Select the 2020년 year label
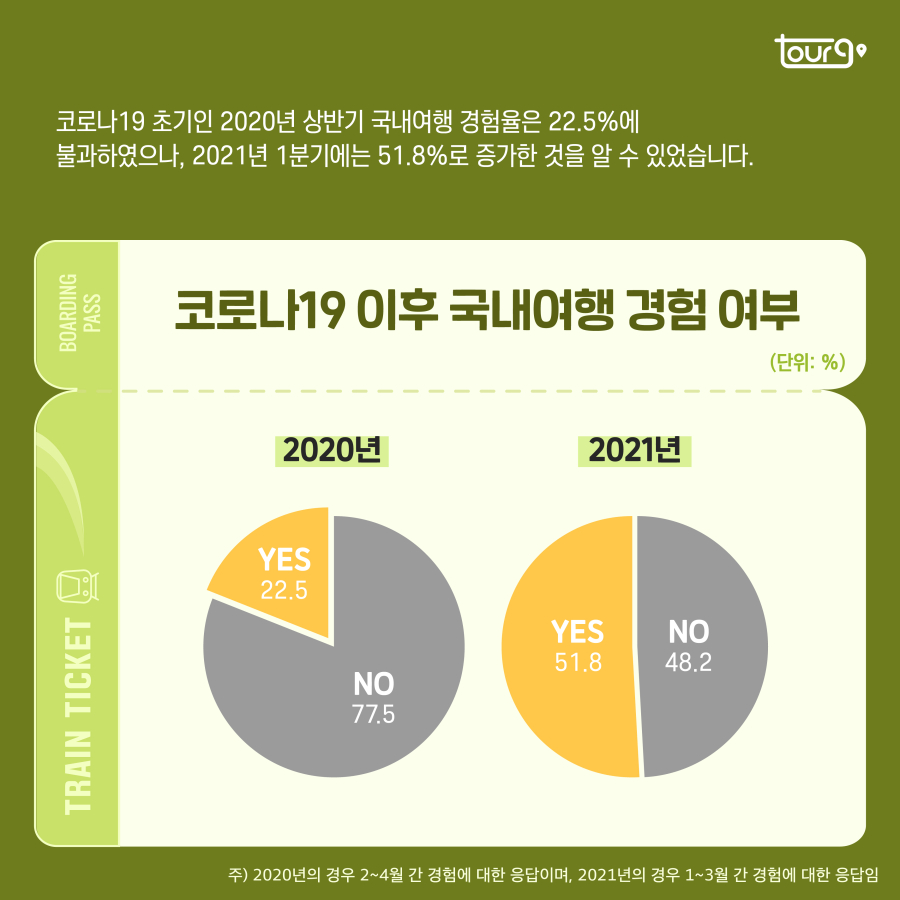[332, 451]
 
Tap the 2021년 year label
[635, 451]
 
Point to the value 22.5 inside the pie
[284, 590]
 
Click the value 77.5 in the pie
[374, 716]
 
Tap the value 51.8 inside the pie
[578, 662]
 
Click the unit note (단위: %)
[808, 361]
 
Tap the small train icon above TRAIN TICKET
[77, 584]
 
